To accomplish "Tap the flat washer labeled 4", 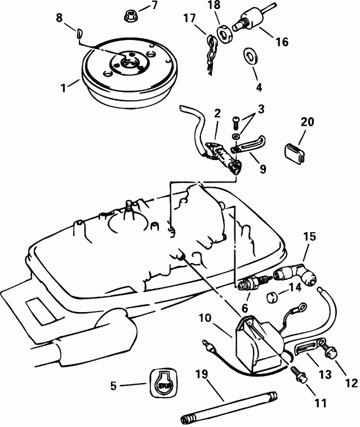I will coord(248,56).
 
